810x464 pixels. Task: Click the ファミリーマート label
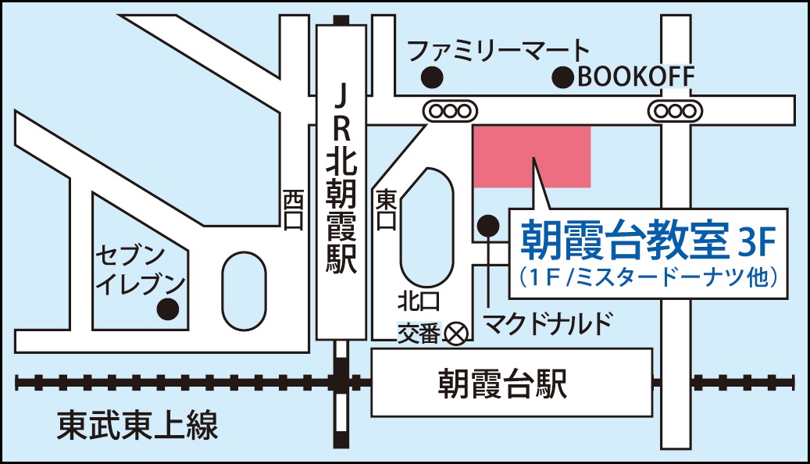click(498, 52)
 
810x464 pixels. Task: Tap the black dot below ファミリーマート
click(431, 77)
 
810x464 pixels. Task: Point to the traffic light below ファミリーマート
click(450, 111)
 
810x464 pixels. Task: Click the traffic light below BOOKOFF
click(674, 111)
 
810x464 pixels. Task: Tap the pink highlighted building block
click(532, 156)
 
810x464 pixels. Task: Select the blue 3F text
click(755, 243)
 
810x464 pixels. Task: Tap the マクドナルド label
click(545, 321)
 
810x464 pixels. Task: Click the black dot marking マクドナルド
click(488, 226)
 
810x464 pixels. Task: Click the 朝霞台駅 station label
click(501, 384)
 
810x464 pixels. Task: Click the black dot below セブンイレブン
click(166, 309)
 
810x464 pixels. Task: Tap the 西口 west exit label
click(293, 209)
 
